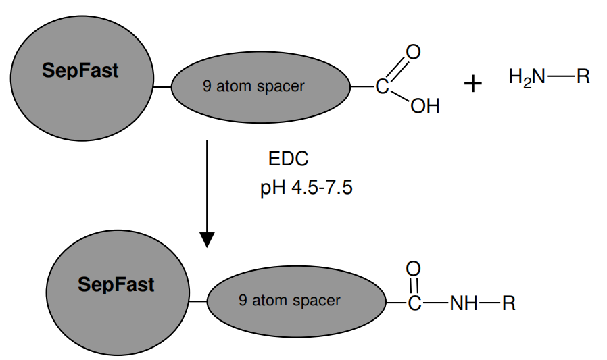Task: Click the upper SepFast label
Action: [x=80, y=71]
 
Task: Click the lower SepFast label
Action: [x=116, y=284]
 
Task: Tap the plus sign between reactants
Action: [x=473, y=84]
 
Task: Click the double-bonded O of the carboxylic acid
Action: [x=413, y=51]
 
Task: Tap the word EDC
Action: [x=289, y=159]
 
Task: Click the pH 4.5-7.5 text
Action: [x=306, y=187]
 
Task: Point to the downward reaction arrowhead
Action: [x=208, y=240]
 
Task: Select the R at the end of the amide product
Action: [x=509, y=304]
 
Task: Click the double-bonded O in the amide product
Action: [x=413, y=269]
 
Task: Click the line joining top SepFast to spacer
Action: [x=162, y=87]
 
